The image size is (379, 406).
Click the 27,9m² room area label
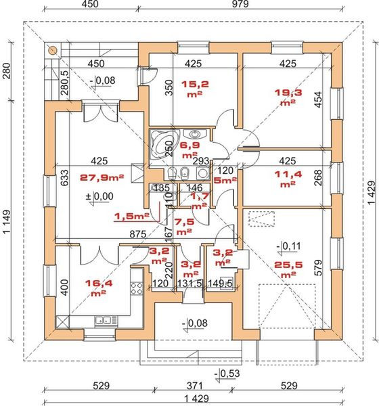click(102, 177)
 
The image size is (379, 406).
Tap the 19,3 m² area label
click(288, 97)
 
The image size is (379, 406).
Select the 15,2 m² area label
click(195, 89)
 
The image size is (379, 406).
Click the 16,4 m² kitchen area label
click(99, 288)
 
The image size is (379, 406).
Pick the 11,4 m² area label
click(288, 179)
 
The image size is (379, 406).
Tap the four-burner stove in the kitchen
click(137, 288)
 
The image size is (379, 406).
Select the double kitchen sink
click(106, 321)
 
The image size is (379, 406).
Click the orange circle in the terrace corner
click(53, 50)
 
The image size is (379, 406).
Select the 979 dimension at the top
click(240, 4)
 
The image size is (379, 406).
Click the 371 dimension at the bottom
click(194, 386)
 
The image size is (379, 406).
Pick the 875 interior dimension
click(138, 234)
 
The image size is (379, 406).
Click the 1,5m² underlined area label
click(131, 217)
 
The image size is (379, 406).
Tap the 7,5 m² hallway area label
click(185, 227)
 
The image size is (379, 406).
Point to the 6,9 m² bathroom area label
click(190, 150)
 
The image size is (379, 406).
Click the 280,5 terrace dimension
click(65, 83)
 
